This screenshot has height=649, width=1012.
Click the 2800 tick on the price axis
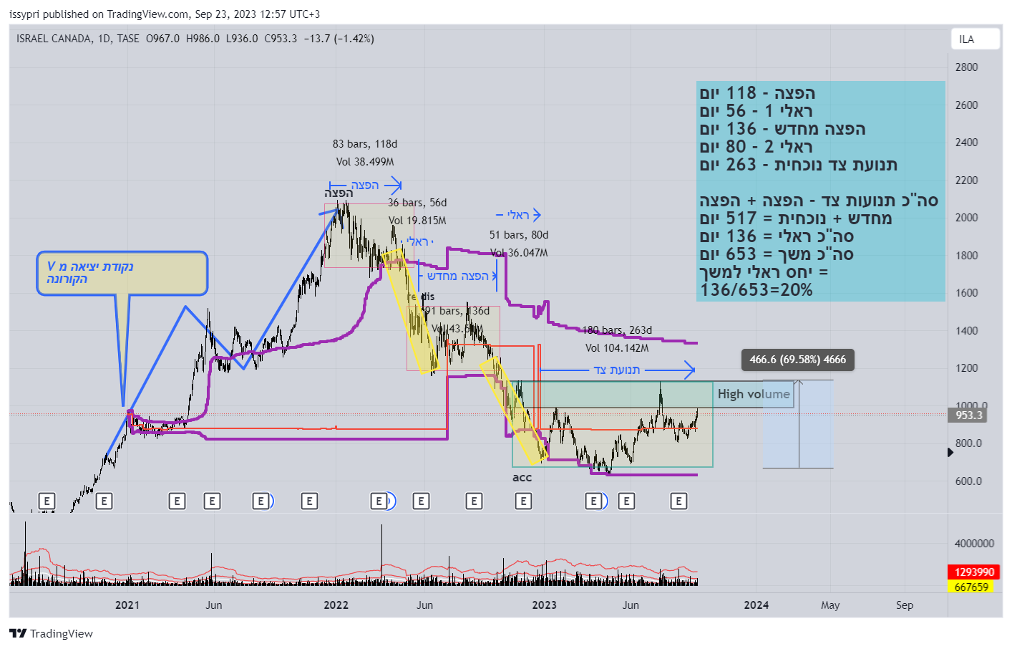[x=966, y=67]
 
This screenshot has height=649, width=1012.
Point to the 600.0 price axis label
[x=968, y=481]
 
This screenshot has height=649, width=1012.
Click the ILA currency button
[x=974, y=39]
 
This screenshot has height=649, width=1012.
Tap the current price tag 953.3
[x=969, y=415]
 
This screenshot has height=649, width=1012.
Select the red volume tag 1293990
[x=974, y=572]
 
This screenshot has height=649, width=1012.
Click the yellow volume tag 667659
[x=971, y=587]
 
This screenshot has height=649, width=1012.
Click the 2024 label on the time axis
[x=756, y=605]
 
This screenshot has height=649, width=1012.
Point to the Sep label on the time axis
[x=905, y=605]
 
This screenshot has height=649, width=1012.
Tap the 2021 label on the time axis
[x=127, y=605]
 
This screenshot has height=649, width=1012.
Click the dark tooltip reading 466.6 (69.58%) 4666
[x=797, y=360]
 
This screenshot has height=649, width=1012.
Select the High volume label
[x=754, y=394]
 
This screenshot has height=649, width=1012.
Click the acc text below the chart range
[x=522, y=478]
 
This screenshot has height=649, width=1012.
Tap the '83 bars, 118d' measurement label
[x=364, y=144]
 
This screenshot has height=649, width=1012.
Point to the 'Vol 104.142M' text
[x=617, y=348]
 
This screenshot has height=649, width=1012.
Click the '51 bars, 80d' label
[x=519, y=235]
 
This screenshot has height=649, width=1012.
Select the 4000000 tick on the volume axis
[x=974, y=544]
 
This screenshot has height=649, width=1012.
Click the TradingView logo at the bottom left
[x=52, y=634]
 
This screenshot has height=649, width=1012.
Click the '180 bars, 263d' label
[x=617, y=330]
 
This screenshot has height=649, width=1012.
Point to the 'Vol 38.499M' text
[x=364, y=162]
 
